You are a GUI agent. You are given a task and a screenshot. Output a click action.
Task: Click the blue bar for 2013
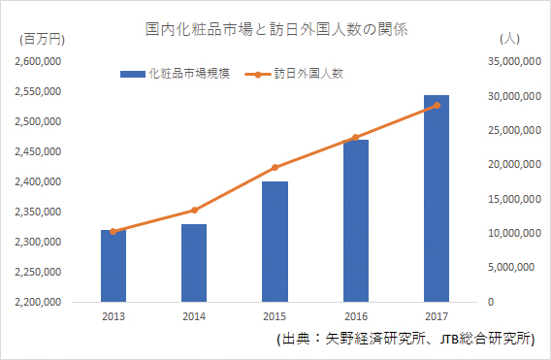click(113, 266)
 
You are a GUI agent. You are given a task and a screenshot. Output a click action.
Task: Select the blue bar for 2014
click(194, 263)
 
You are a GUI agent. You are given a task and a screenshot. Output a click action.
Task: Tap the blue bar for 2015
click(275, 242)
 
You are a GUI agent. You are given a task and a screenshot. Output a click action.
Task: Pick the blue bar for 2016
click(355, 221)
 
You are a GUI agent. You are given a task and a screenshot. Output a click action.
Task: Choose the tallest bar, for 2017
click(437, 198)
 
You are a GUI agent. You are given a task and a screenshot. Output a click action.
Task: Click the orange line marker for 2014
click(194, 210)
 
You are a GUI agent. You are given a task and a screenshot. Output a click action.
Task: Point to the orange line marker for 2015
click(275, 167)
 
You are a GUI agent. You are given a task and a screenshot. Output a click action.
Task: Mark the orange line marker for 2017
click(437, 105)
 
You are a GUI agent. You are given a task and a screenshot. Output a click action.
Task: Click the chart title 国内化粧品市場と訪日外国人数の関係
click(275, 30)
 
